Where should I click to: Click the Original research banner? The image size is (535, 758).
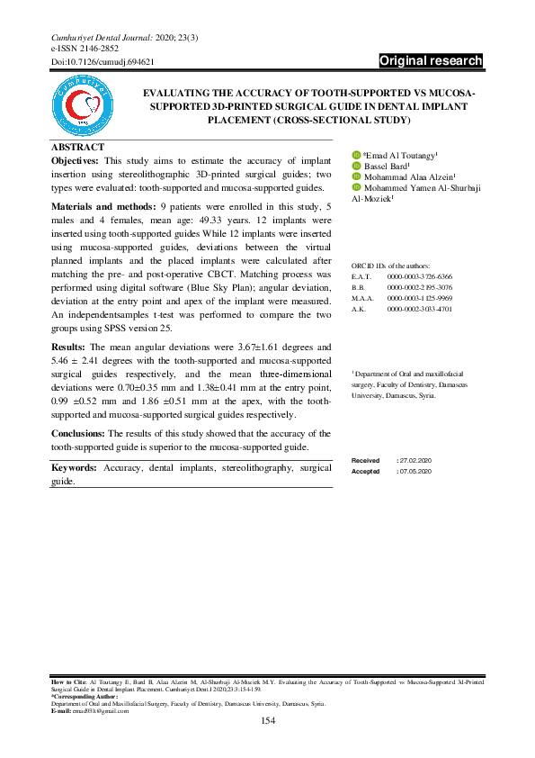click(x=431, y=61)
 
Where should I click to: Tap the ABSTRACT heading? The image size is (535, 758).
click(x=77, y=147)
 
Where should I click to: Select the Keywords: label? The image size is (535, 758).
click(x=75, y=468)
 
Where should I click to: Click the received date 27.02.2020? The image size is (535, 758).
click(x=417, y=460)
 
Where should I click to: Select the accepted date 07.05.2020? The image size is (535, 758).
click(x=417, y=471)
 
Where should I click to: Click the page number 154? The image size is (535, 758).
click(x=267, y=721)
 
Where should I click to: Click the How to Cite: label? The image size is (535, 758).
click(x=65, y=684)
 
